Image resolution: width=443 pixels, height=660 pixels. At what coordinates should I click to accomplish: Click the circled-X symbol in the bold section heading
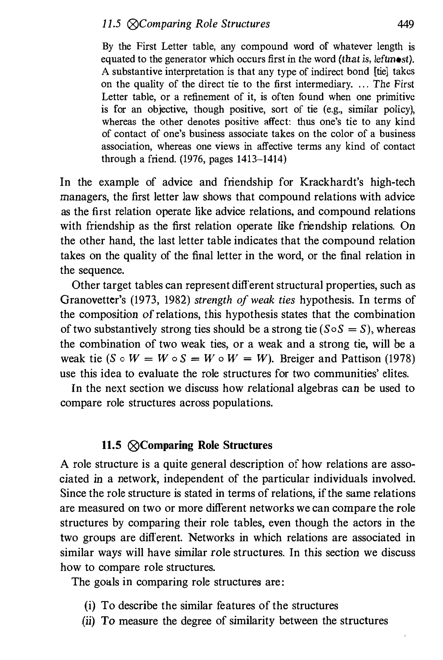133,446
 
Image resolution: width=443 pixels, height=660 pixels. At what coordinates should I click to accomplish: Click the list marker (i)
90,605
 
